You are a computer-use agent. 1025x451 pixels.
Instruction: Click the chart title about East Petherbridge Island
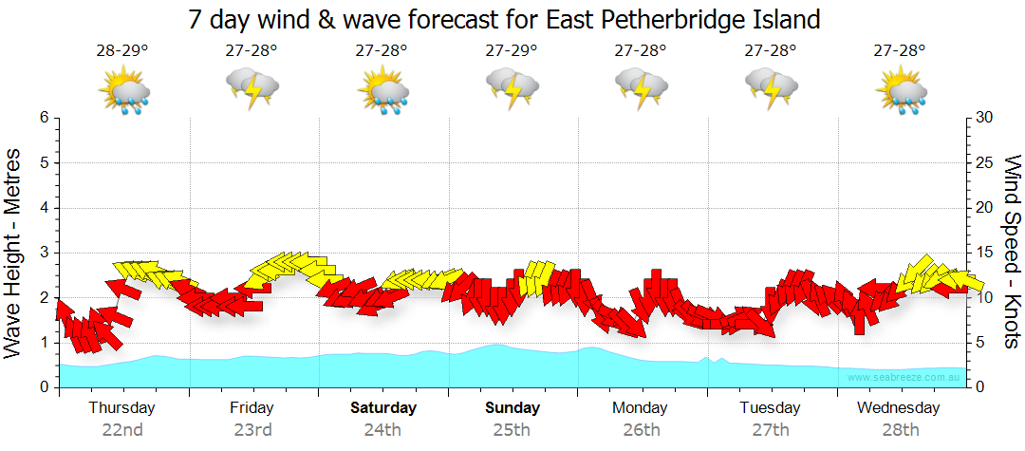(504, 19)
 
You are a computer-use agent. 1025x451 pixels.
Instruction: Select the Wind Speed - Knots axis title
(1012, 252)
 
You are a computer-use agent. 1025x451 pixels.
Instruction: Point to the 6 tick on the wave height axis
(44, 118)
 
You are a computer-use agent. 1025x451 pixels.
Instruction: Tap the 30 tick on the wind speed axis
(984, 118)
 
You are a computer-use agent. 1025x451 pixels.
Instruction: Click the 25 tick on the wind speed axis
(984, 162)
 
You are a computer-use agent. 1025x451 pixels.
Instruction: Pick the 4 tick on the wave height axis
(44, 208)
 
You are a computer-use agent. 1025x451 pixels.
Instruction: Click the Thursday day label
(122, 408)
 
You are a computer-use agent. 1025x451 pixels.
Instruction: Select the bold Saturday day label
(383, 408)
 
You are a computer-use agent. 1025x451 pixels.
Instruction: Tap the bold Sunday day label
(512, 408)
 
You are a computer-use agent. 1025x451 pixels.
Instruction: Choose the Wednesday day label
(898, 408)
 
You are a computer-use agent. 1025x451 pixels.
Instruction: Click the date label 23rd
(252, 429)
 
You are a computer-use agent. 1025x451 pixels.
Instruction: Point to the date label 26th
(642, 429)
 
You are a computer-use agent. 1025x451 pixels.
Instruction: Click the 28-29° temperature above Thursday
(122, 50)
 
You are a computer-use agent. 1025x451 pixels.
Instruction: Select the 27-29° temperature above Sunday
(512, 50)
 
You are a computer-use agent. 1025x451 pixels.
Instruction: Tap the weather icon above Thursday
(124, 90)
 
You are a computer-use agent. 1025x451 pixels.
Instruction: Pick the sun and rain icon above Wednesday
(901, 90)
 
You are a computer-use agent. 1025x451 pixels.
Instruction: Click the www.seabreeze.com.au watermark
(905, 377)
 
